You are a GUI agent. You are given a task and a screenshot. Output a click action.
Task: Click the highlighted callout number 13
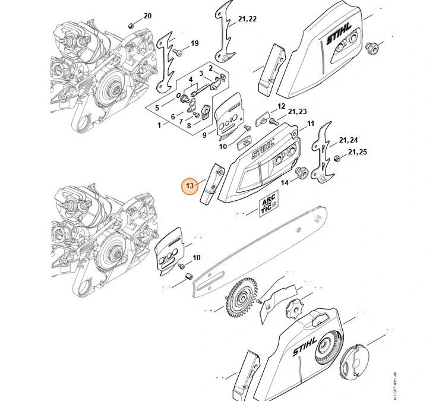click(x=190, y=186)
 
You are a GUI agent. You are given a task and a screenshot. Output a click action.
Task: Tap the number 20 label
click(x=148, y=15)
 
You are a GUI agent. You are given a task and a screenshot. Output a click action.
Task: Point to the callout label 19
click(x=194, y=43)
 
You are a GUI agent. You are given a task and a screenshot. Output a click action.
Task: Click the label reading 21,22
click(x=247, y=20)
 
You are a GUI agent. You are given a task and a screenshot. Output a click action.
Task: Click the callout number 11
click(x=309, y=124)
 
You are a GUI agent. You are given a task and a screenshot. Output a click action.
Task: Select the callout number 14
click(x=285, y=183)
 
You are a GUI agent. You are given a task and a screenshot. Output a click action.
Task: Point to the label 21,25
click(x=357, y=153)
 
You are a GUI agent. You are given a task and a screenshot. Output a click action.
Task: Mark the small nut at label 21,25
click(x=337, y=157)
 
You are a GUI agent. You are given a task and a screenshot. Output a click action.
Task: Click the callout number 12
click(x=282, y=106)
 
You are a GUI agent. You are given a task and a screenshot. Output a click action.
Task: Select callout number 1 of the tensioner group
click(x=159, y=125)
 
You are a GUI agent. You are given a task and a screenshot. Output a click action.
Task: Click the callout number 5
click(x=157, y=108)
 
